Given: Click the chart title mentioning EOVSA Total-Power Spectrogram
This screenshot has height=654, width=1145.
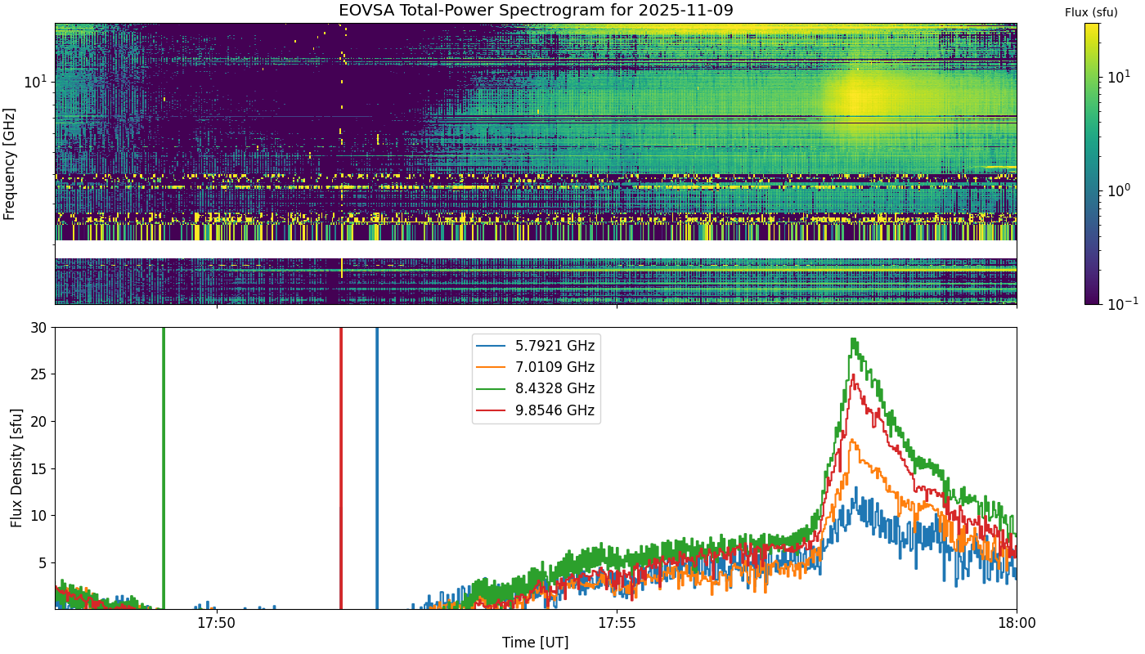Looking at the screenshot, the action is coord(536,10).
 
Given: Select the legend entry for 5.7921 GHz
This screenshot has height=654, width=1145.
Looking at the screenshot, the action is coord(536,346).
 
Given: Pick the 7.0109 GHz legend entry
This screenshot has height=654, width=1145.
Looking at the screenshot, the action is coord(536,367).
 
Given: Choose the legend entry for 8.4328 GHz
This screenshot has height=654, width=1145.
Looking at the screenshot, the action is coord(536,389).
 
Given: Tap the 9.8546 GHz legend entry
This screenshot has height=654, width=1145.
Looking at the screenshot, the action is coord(536,410).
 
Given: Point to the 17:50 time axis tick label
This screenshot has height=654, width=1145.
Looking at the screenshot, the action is coord(218,623).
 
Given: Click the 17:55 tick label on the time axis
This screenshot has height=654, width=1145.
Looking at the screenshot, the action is coord(617,623).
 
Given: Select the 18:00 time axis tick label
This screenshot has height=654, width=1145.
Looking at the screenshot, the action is coord(1017,623).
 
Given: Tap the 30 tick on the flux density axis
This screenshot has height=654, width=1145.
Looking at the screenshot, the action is coord(38,328).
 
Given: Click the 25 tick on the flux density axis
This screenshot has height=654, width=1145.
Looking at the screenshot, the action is coord(38,374).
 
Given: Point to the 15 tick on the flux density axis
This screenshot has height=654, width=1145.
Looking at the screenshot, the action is coord(38,468).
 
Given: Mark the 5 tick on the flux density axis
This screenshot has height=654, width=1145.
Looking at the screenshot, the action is coord(43,562).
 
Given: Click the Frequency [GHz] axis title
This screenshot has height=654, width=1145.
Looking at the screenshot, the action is coord(9,164).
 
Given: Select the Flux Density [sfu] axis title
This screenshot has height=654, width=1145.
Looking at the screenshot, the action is coord(17,468).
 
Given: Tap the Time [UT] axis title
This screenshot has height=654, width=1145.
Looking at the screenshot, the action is coord(535,643).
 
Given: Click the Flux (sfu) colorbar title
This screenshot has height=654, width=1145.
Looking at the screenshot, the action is coord(1091,13).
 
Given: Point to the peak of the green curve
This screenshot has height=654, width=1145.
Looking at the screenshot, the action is coord(852,338).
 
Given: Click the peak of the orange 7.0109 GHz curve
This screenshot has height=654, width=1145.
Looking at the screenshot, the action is coord(851,440).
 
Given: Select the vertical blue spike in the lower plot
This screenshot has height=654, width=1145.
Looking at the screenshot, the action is coord(377,468).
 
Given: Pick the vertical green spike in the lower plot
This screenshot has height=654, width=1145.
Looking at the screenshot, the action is coord(164,468).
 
